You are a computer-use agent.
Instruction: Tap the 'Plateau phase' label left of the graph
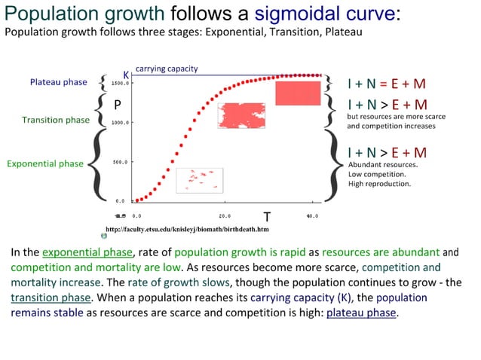click(x=59, y=82)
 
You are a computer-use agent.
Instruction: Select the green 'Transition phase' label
click(x=56, y=120)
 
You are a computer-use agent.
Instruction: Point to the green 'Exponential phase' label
click(x=45, y=163)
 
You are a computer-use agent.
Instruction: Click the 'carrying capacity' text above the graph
click(x=167, y=69)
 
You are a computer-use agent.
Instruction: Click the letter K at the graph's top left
click(x=127, y=75)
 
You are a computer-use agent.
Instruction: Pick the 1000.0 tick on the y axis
click(x=122, y=122)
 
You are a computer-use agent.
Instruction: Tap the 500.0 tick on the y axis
click(x=124, y=162)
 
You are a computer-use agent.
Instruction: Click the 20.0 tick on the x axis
click(x=225, y=216)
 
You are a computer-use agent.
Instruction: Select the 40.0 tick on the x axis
click(x=312, y=216)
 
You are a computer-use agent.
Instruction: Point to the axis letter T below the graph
click(x=266, y=217)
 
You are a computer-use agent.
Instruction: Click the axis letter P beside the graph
click(x=118, y=105)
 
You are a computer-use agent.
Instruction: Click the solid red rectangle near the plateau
click(x=298, y=93)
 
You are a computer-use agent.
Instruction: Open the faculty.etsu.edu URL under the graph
click(x=187, y=229)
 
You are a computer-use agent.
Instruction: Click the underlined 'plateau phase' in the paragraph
click(x=361, y=313)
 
